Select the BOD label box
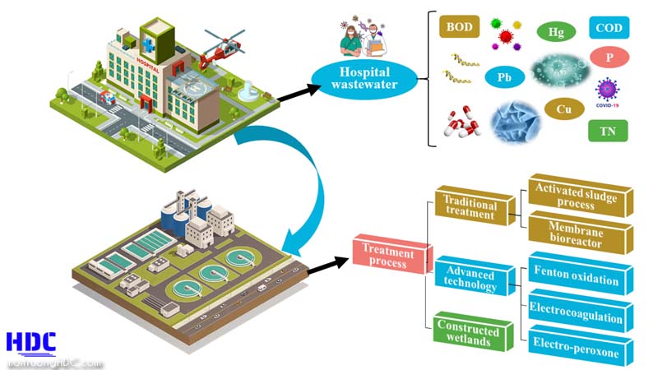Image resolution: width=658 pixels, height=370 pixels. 460,27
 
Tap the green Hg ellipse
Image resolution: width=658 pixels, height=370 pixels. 556,32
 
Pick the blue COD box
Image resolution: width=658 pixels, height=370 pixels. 609,29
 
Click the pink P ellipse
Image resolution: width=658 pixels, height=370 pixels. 609,58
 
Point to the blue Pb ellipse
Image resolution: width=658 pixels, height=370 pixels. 503,78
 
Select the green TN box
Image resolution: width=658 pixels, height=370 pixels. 608,130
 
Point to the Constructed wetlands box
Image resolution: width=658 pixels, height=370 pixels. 469,334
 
